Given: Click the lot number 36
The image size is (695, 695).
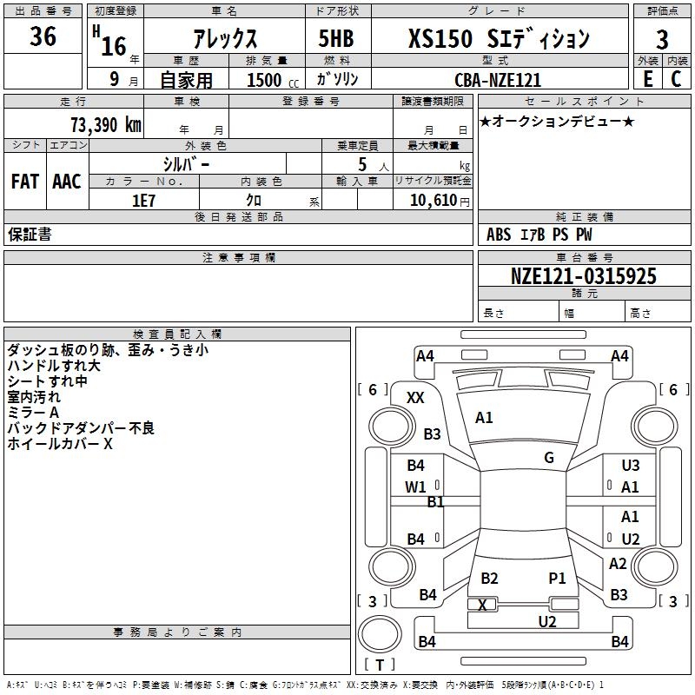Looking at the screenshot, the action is [x=43, y=38].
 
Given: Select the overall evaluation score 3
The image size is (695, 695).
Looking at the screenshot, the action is [x=662, y=39].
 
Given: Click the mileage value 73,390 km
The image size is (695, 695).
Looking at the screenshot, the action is [x=105, y=124].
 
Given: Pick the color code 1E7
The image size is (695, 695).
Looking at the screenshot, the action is [x=143, y=199].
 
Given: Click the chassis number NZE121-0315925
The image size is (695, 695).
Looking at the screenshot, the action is [x=584, y=276].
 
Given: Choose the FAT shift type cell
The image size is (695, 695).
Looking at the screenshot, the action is [x=25, y=182].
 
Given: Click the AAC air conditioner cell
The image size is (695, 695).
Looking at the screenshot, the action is [x=67, y=182].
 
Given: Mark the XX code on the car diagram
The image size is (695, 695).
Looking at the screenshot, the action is [x=415, y=397].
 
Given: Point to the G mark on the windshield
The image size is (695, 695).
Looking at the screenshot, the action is [x=549, y=458].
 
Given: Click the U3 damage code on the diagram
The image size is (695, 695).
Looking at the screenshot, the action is [x=631, y=466].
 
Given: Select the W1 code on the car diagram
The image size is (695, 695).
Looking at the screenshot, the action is [x=416, y=486].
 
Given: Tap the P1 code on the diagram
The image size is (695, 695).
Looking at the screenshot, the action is [x=557, y=578].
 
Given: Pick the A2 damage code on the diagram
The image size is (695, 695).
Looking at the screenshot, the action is [x=618, y=563].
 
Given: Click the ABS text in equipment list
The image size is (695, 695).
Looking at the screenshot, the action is [x=499, y=235].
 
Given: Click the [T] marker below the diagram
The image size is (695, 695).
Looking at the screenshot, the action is [x=379, y=665].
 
